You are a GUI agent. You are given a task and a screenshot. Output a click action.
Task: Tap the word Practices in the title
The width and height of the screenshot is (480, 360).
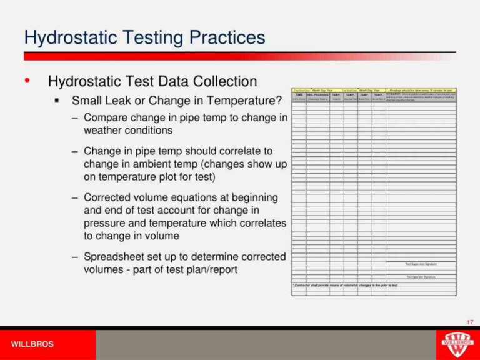(226, 38)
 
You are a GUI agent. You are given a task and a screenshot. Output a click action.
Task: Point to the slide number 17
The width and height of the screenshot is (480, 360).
(470, 322)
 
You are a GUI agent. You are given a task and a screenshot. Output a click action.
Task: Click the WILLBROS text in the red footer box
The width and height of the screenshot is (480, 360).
(32, 344)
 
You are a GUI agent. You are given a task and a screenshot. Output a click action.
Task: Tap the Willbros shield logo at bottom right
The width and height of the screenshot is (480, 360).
(457, 343)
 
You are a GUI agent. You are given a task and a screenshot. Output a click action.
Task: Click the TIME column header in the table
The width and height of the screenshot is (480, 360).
(299, 95)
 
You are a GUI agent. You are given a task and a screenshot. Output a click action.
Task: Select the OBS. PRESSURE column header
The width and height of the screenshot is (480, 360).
(317, 95)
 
